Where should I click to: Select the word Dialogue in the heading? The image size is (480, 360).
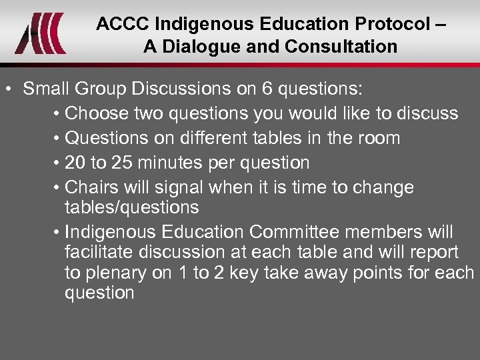coord(193,47)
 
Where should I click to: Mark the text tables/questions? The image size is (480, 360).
coord(131,207)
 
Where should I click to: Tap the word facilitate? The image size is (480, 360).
coord(101,252)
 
